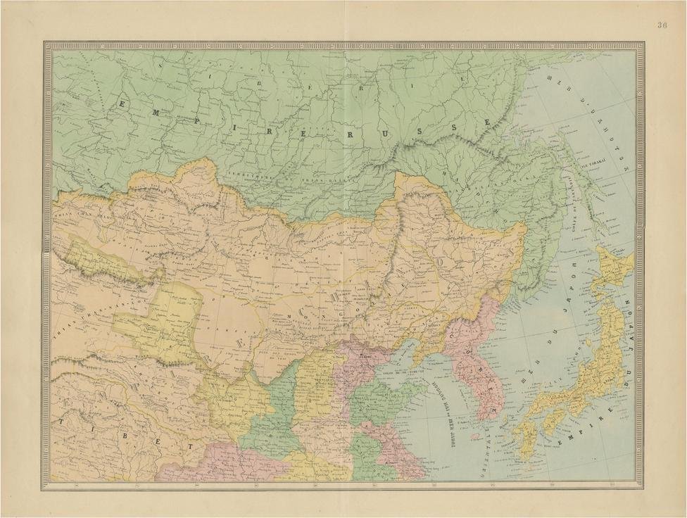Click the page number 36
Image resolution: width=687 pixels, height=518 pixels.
pyautogui.click(x=662, y=25)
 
